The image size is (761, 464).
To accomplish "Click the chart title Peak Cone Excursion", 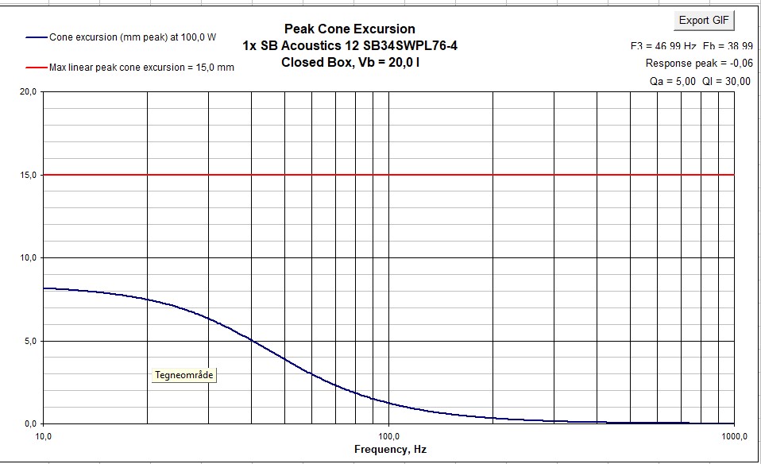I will coord(350,29).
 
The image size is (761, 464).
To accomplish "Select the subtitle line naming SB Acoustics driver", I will coord(350,45).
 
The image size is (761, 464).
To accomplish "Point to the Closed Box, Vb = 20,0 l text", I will coord(350,61).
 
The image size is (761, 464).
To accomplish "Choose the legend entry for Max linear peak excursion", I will coord(141,68).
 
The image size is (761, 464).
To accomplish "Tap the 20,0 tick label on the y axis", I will coord(28,91).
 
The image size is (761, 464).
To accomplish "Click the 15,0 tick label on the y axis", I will coord(28,175).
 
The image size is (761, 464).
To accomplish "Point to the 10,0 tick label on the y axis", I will coord(28,257).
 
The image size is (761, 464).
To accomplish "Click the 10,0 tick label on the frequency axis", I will coord(44,435).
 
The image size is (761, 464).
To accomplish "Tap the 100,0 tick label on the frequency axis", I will coord(388,435).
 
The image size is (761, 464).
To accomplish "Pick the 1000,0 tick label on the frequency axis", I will coord(732,435).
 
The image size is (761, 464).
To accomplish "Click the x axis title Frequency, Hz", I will coord(390,450).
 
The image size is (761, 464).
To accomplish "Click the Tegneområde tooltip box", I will coord(183,375).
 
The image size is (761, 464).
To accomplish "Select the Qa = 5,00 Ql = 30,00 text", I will coord(693,80).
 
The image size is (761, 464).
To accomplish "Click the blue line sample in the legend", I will coord(37,37).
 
